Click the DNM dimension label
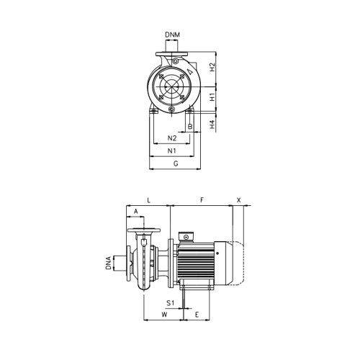(174, 34)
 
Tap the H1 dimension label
(212, 96)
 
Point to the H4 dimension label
(212, 123)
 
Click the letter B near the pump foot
(189, 127)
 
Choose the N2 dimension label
(171, 138)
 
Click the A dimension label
(135, 211)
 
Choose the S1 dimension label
(171, 304)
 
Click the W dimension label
(164, 315)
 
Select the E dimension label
(196, 315)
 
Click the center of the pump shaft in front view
(173, 87)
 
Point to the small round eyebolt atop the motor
(186, 236)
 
